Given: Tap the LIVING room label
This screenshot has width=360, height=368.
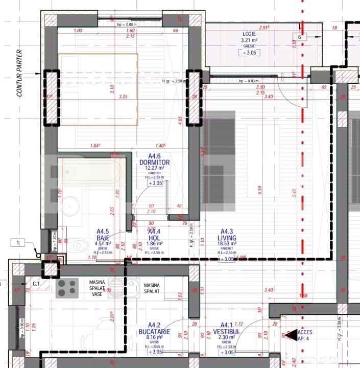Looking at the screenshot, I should click(228, 238).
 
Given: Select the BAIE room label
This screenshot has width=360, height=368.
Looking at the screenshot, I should click(104, 238).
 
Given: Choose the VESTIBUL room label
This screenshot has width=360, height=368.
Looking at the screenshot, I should click(227, 332).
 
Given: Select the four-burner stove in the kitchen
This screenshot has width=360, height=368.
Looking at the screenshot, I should click(67, 288).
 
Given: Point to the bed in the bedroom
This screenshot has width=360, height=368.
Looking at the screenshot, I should click(98, 89).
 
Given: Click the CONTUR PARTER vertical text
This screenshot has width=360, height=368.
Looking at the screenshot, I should click(20, 73).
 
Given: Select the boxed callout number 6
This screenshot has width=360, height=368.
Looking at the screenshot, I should click(300, 37).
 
